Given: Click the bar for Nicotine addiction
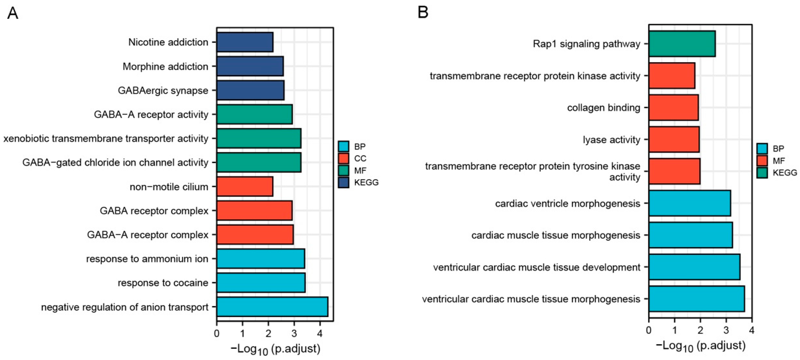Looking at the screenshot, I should click(x=245, y=42).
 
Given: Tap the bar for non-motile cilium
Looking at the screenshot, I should click(x=245, y=187).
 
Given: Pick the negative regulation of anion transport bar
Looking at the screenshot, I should click(x=272, y=307).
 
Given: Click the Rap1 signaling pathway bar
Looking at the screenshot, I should click(x=682, y=44).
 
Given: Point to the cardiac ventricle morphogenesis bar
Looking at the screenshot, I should click(x=689, y=204).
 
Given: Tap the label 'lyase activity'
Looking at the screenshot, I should click(x=611, y=140).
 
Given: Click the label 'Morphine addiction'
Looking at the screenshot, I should click(x=165, y=66).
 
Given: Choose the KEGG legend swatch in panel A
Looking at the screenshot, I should click(x=343, y=183).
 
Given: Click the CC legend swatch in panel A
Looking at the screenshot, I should click(x=343, y=158).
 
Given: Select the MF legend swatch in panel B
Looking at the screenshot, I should click(x=762, y=161).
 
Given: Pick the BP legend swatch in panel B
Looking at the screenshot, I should click(x=762, y=149).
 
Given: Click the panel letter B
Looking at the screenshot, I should click(x=423, y=12).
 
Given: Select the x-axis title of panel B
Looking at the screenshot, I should click(x=701, y=346).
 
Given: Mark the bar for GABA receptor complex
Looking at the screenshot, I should click(x=254, y=211).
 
